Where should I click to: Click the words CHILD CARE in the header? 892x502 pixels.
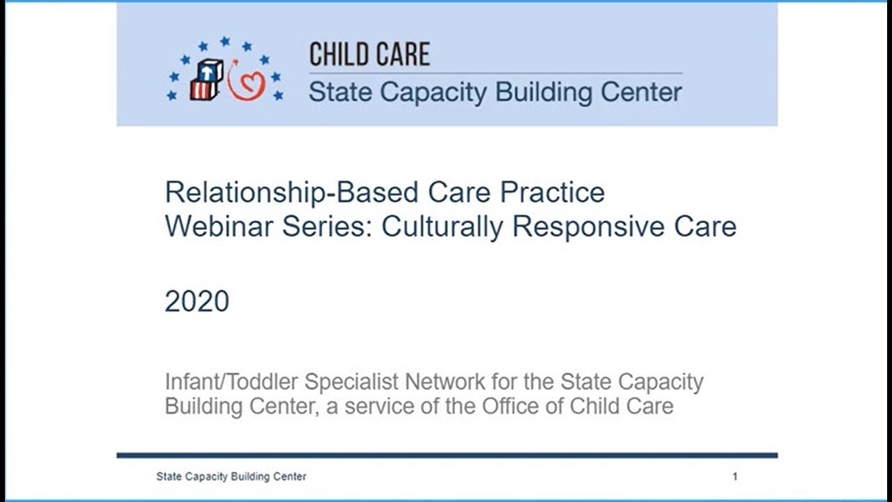pos(369,54)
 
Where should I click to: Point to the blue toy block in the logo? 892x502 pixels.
pos(210,70)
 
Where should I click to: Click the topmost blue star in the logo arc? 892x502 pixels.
pos(224,42)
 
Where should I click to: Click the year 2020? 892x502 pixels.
pos(197,301)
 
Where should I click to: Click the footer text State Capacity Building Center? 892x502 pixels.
pos(231,477)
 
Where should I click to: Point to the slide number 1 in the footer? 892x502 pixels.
pos(735,477)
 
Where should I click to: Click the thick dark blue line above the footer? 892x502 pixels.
pos(446,455)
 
